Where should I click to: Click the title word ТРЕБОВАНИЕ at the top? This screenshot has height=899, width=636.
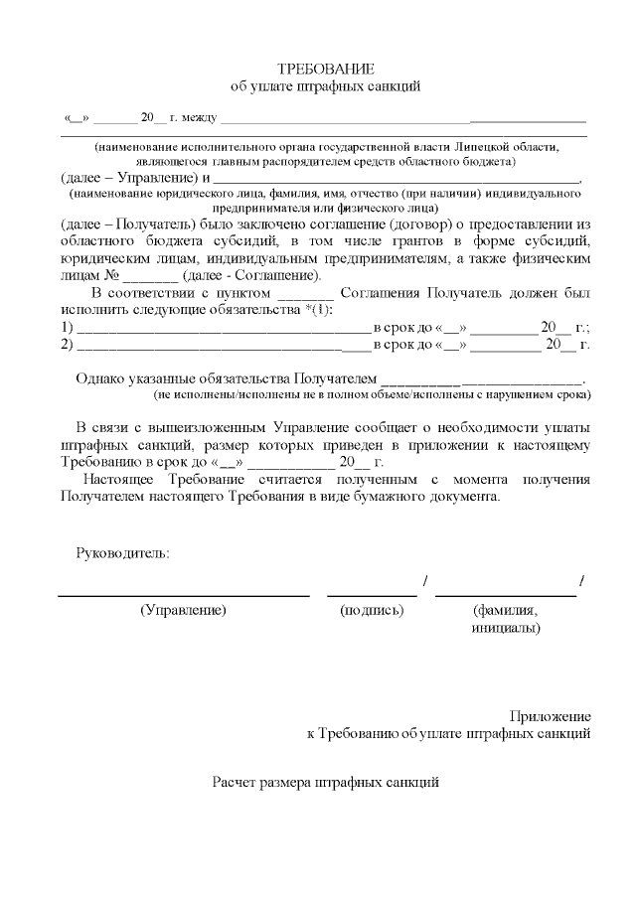[326, 69]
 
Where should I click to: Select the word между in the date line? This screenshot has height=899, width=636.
[199, 118]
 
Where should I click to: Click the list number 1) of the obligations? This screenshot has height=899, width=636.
[68, 328]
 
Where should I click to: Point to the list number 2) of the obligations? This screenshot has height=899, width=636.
[68, 345]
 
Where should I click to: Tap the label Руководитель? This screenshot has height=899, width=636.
[123, 552]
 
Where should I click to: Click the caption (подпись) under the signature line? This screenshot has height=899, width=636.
[372, 611]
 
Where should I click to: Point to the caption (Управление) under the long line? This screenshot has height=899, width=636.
[184, 611]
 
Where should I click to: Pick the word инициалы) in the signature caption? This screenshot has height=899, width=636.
[506, 628]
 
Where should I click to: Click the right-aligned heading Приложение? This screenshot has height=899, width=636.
[551, 716]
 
